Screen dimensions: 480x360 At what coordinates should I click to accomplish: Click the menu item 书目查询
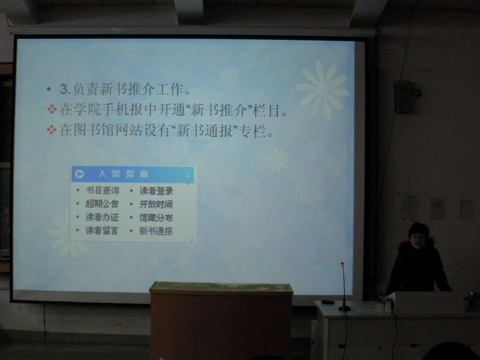[102, 191]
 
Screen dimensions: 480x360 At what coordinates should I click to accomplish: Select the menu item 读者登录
[156, 191]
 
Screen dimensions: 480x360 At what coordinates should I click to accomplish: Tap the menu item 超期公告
[102, 204]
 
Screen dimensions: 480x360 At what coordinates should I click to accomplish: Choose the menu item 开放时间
[156, 204]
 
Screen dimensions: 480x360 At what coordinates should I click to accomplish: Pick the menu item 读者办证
[102, 217]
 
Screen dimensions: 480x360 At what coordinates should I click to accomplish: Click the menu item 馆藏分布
[156, 217]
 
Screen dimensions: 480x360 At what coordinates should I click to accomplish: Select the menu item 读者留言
[102, 230]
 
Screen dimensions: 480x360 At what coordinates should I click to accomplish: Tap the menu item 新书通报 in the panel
[156, 231]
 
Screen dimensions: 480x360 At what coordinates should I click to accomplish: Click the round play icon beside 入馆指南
[79, 174]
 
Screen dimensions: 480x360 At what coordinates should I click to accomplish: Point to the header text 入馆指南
[123, 174]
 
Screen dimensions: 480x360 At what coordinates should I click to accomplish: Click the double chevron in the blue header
[188, 175]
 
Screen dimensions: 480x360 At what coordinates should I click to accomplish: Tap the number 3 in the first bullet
[64, 89]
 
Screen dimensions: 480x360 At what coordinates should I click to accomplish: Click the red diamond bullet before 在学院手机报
[52, 109]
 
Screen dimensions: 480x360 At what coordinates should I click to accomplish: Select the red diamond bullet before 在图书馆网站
[51, 130]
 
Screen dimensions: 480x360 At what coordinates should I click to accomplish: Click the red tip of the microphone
[343, 264]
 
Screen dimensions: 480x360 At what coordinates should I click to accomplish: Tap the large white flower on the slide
[322, 89]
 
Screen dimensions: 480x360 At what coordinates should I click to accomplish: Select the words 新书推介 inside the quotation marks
[218, 110]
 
